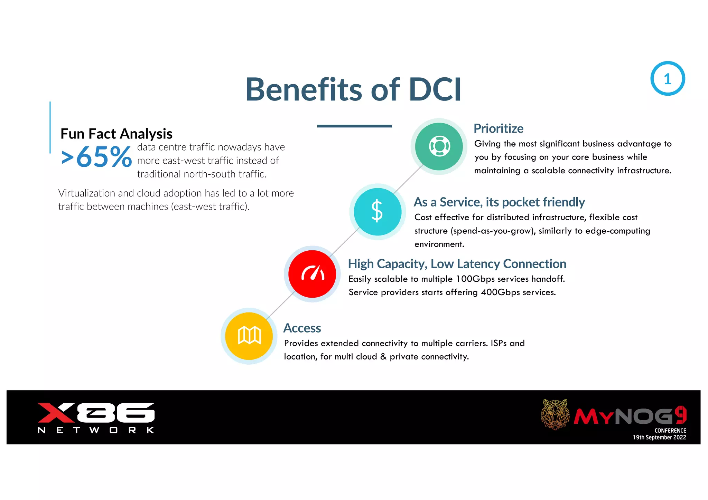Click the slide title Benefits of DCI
point(353,89)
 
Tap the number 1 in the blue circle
point(667,79)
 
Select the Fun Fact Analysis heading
point(116,134)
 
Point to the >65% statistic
point(96,157)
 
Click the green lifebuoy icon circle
point(439,146)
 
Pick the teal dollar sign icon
point(377,211)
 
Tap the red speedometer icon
point(312,274)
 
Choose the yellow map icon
point(249,336)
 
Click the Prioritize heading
point(498,128)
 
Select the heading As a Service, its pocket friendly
point(499,202)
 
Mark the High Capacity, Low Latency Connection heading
point(457,264)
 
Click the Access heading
point(302,328)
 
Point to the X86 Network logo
point(96,417)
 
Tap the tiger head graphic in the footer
point(555,414)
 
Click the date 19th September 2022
point(659,437)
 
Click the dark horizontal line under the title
point(354,126)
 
